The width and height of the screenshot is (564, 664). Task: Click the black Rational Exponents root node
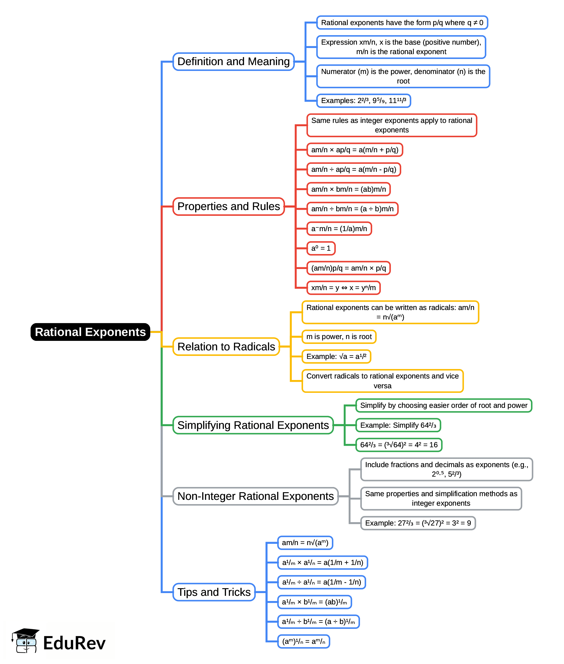point(90,332)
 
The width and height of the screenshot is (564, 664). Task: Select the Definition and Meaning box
point(233,61)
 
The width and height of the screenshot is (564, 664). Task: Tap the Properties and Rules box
point(228,206)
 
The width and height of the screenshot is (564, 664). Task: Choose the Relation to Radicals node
point(226,346)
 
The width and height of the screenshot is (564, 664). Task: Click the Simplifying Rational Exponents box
point(253,425)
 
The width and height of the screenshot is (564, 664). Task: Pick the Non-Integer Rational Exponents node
point(255,496)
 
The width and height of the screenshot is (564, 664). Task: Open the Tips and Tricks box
point(214,592)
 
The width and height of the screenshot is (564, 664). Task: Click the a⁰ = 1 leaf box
point(321,248)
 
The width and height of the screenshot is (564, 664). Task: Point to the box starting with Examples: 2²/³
point(364,101)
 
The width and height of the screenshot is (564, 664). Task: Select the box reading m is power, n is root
point(339,337)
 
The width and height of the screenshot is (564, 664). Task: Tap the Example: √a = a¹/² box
point(336,356)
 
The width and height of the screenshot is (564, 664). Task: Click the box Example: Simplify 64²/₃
point(398,425)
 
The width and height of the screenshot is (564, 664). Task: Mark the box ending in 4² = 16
point(399,445)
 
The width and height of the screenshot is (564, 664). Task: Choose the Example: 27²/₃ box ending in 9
point(418,523)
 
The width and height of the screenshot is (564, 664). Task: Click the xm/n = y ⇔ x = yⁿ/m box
point(343,288)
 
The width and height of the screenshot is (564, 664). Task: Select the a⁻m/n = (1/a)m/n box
point(339,228)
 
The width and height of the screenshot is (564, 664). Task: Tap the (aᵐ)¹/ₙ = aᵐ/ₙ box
point(303,641)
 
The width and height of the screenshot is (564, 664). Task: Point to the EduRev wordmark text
point(74,643)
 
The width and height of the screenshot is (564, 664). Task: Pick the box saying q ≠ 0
point(402,23)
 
